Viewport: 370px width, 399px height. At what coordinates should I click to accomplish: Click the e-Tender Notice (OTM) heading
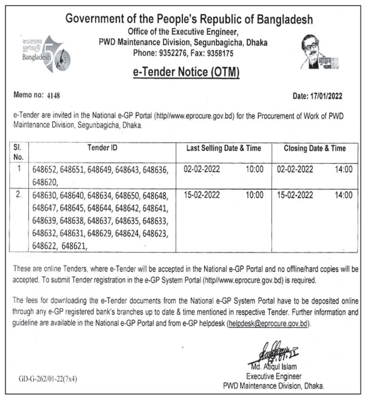point(186,72)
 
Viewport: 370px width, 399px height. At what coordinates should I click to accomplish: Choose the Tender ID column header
point(102,148)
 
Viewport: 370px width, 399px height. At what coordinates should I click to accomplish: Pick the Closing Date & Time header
point(314,148)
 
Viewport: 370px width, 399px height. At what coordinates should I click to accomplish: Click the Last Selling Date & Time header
point(224,148)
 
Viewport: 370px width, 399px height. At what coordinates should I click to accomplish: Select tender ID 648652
point(44,170)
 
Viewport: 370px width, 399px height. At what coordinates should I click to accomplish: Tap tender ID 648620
point(44,182)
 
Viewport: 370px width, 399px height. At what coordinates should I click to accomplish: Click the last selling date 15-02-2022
point(202,195)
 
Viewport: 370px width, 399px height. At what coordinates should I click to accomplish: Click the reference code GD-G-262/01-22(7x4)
point(48,379)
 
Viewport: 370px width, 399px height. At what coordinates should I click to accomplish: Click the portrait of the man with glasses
point(313,51)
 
